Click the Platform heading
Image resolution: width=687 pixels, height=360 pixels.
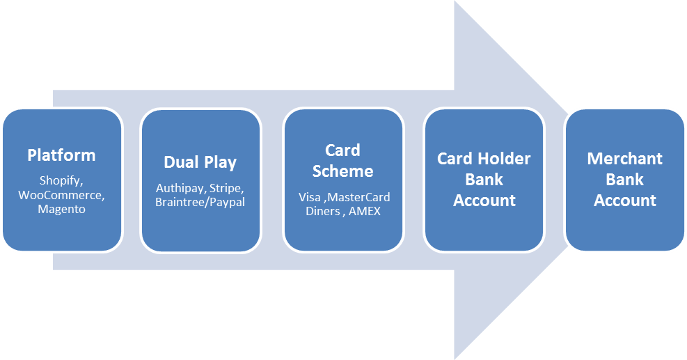pos(61,155)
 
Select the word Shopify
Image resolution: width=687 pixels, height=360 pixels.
pos(61,180)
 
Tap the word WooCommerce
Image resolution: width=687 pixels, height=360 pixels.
pos(61,195)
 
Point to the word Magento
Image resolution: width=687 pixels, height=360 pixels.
pos(61,209)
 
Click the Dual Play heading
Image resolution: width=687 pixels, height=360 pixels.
pos(200,162)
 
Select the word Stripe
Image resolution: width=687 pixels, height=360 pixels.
pos(226,189)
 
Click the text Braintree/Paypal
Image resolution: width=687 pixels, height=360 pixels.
pos(200,203)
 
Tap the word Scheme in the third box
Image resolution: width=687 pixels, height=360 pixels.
pos(342,171)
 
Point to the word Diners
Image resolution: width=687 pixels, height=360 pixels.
pos(324,211)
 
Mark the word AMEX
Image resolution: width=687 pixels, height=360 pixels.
pos(365,211)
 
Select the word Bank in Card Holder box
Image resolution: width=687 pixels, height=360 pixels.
pos(484,180)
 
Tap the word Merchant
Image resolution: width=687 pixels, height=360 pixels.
pos(624,159)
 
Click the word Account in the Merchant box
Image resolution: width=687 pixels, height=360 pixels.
pos(624,201)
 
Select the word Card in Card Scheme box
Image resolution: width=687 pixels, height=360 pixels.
pos(342,150)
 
